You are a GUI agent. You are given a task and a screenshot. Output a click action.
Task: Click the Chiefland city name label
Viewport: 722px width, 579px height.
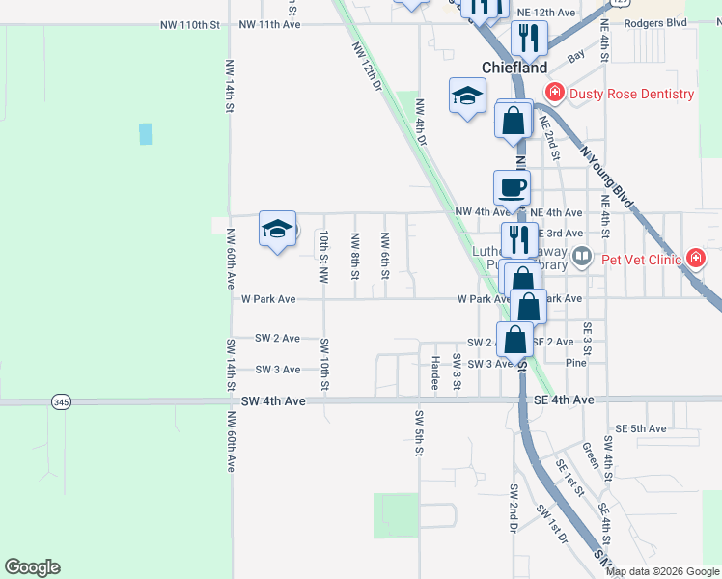pyautogui.click(x=514, y=68)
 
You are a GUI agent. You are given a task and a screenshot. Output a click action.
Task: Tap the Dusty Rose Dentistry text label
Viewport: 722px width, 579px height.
pyautogui.click(x=631, y=94)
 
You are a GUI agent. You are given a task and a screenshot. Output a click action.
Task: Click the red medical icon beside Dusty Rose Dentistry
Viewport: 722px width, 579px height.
pyautogui.click(x=554, y=94)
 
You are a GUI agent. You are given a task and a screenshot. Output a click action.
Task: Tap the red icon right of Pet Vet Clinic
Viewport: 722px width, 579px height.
pyautogui.click(x=695, y=258)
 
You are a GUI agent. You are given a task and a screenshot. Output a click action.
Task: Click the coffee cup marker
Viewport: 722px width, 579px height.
pyautogui.click(x=511, y=187)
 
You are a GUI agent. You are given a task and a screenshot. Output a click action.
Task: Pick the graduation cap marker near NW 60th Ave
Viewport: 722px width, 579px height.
pyautogui.click(x=277, y=230)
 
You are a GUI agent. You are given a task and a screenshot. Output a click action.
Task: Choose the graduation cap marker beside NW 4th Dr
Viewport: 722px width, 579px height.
pyautogui.click(x=467, y=96)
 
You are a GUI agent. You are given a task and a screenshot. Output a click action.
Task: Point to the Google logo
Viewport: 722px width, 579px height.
pyautogui.click(x=32, y=567)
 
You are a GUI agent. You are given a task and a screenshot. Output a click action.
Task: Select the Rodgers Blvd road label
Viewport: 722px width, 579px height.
pyautogui.click(x=655, y=22)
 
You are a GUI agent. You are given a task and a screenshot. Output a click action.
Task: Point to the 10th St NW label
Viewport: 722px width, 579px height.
pyautogui.click(x=325, y=256)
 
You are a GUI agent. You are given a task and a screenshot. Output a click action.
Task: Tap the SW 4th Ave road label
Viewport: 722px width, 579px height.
pyautogui.click(x=273, y=400)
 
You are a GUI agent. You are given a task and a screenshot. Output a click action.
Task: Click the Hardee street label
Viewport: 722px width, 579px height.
pyautogui.click(x=435, y=372)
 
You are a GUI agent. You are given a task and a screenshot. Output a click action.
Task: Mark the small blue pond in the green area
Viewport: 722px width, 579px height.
pyautogui.click(x=145, y=134)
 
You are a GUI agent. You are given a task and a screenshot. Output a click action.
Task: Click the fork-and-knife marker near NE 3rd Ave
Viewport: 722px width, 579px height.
pyautogui.click(x=519, y=238)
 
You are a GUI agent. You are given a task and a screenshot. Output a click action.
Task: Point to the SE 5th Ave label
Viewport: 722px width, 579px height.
pyautogui.click(x=641, y=428)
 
